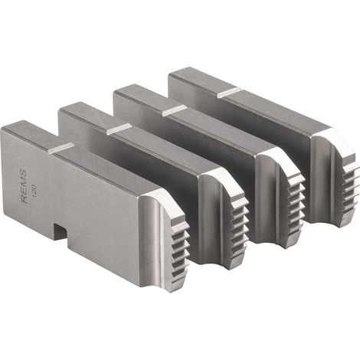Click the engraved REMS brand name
[24, 186]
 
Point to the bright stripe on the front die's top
[61, 149]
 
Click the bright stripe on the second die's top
[118, 129]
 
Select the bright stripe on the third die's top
[174, 110]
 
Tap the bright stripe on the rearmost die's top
[229, 93]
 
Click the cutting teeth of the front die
[180, 251]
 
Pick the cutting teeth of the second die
[239, 230]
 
